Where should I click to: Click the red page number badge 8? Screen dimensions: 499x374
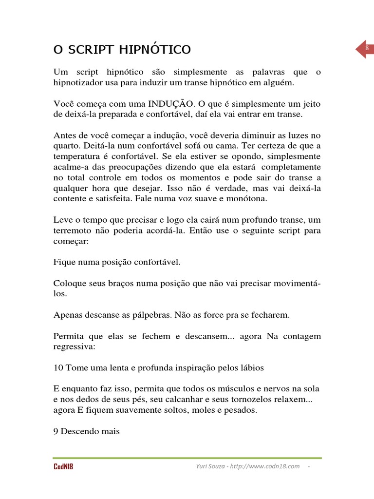[x=365, y=49]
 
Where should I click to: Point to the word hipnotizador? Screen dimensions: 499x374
[x=77, y=83]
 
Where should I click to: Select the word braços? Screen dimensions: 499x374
[x=121, y=284]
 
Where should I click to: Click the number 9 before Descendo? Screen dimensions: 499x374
[x=56, y=431]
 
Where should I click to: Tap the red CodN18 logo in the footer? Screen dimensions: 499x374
[x=63, y=467]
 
